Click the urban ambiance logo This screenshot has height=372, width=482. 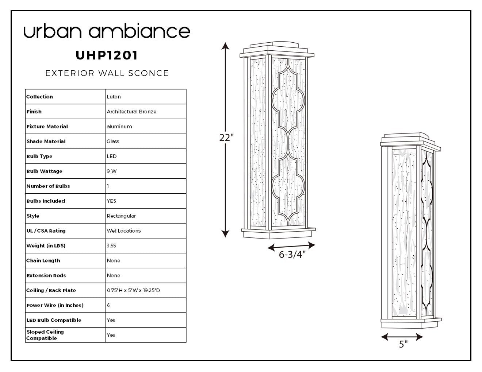coord(107,31)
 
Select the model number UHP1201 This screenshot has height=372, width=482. coord(107,55)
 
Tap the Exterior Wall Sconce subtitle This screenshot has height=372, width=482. coord(107,73)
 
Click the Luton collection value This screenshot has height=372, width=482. coord(114,97)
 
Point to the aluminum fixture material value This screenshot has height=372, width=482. coord(119,127)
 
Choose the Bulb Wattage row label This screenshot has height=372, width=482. coord(44,171)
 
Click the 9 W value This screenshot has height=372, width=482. coord(112,171)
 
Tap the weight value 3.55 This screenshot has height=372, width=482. coord(111,245)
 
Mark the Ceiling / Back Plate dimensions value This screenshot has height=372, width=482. coord(133,290)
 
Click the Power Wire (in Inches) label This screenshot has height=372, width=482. coord(55,305)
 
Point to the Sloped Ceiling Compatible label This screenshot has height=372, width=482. coord(45,335)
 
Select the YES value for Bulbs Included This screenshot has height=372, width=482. coord(111,201)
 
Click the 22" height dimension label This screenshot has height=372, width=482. coord(226,137)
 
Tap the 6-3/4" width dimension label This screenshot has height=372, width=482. coord(292,255)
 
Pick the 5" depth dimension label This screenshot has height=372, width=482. coord(403,344)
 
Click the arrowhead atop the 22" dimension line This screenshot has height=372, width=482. coord(225,46)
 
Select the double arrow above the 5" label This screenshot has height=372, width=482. coord(402,337)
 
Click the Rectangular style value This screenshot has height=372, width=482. coord(121,216)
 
